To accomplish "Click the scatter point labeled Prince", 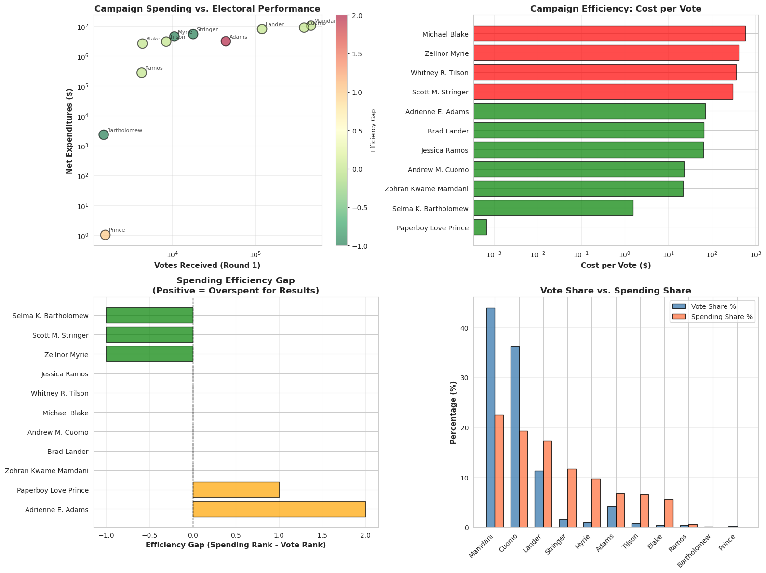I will point(105,235).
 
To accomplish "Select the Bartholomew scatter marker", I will point(104,135).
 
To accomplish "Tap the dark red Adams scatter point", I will point(226,41).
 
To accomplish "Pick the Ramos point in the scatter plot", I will point(141,73).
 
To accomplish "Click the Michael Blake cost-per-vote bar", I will point(609,34).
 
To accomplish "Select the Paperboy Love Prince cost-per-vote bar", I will point(480,227).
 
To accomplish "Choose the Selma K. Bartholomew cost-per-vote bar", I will point(553,208).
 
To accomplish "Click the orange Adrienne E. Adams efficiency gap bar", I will point(279,509).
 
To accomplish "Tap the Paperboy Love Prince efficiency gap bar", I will point(236,490).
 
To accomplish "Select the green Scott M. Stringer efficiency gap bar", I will point(149,334).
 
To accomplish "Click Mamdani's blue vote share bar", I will point(490,417).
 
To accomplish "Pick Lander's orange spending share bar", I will point(548,484).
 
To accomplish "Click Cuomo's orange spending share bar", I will point(524,479).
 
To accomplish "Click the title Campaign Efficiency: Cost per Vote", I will point(616,9).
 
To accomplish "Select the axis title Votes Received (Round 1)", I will point(207,265).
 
